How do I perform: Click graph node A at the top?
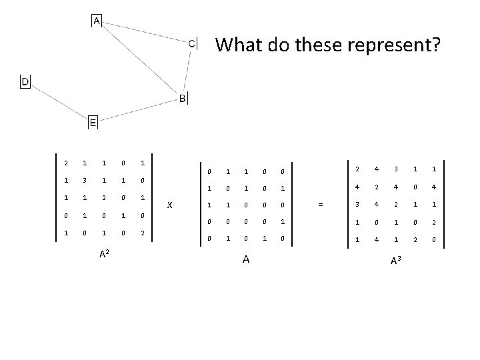tap(97, 21)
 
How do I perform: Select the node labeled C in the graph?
tap(191, 43)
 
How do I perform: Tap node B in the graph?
tap(183, 99)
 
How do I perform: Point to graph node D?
tap(25, 81)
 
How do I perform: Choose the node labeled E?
tap(93, 123)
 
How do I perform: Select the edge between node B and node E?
tap(137, 111)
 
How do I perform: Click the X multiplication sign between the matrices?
tap(169, 205)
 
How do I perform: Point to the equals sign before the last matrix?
tap(321, 205)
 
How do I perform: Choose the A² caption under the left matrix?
tap(105, 255)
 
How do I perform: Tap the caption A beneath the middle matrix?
tap(246, 259)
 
